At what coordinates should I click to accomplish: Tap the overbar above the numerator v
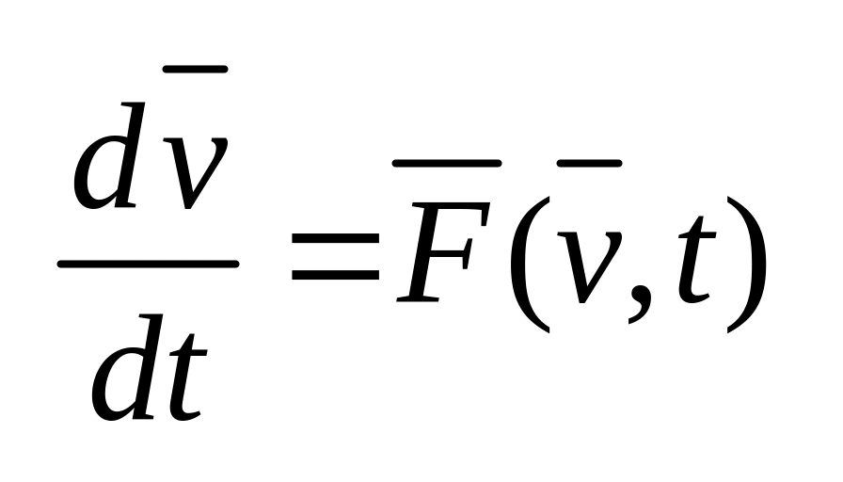tap(196, 69)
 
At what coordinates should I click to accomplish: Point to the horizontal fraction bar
tap(148, 265)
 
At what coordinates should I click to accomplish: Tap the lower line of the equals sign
tap(335, 277)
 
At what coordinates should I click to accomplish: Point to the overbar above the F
tap(446, 164)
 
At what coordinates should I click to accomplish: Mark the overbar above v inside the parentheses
tap(589, 164)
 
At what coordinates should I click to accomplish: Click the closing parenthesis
tap(747, 264)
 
